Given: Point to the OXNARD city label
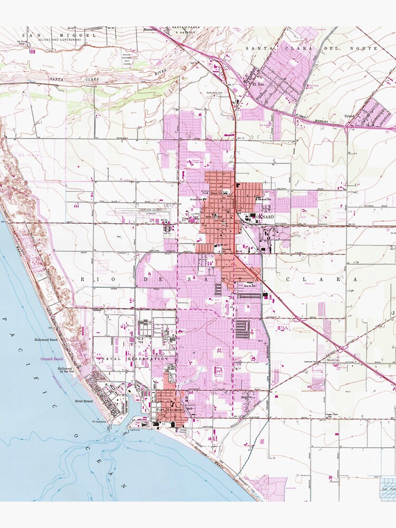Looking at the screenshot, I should pos(262,217).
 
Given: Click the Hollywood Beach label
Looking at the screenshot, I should pos(46,341).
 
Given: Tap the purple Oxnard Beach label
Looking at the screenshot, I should pos(52,359).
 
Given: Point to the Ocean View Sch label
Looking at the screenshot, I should pos(331,415).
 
